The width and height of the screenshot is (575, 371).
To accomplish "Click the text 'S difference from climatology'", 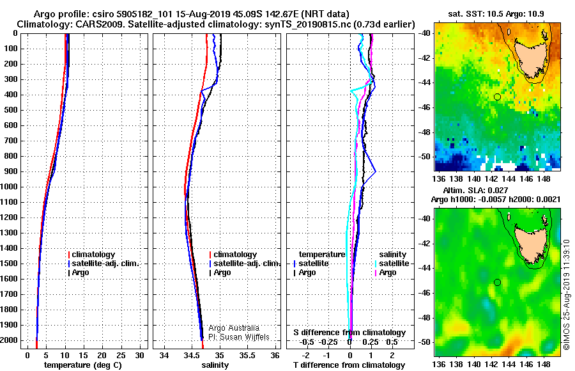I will point(349,333).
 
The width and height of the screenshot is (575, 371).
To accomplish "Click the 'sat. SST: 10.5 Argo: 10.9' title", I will point(497,14).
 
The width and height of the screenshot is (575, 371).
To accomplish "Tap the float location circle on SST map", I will point(497,97).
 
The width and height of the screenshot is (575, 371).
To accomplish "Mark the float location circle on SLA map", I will point(497,282).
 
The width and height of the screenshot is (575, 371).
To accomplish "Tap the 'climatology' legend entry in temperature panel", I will point(96,255).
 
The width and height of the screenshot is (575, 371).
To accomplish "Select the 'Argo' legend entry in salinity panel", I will point(223,272).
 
